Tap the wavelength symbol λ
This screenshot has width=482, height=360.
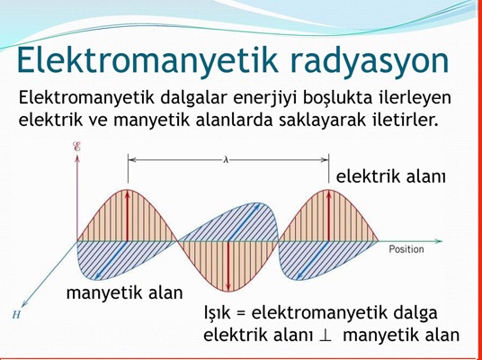227,160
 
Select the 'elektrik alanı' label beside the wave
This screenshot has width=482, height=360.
390,177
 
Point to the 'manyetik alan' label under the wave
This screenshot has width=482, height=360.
124,292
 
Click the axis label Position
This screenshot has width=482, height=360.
406,249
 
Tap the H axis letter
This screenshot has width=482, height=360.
16,314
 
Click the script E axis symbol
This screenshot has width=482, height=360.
76,147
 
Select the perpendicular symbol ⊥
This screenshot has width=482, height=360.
326,336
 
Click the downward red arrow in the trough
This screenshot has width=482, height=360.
228,266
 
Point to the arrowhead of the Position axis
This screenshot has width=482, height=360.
439,241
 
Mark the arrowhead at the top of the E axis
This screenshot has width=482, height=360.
76,158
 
